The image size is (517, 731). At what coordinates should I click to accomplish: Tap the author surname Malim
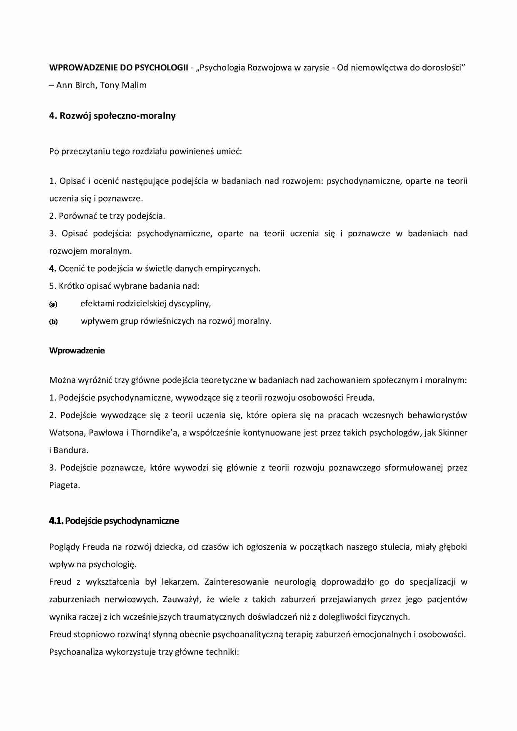pos(135,85)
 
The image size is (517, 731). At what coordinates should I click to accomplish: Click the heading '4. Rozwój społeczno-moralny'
pos(112,116)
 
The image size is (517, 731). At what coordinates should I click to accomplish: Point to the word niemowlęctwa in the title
pos(379,68)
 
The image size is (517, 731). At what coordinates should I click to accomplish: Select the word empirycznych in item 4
pos(234,268)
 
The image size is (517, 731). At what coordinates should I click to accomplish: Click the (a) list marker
pos(53,304)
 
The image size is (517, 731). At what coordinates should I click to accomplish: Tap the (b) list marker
pos(53,321)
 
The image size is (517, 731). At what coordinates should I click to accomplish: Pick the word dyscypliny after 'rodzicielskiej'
pos(190,303)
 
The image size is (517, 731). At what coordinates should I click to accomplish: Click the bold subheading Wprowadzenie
pos(77,350)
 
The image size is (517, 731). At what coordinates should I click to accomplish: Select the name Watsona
pos(67,433)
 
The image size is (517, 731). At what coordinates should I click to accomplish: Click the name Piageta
pos(64,485)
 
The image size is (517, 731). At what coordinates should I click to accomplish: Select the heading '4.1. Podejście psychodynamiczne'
pos(114,521)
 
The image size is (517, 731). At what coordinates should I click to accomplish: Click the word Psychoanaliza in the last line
pos(76,652)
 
